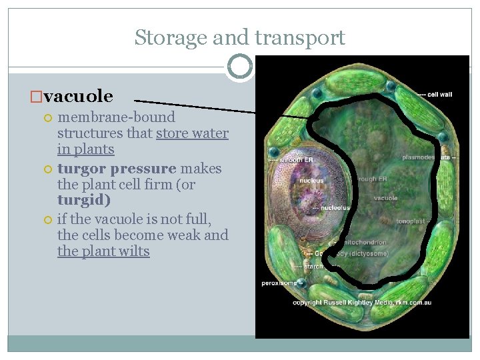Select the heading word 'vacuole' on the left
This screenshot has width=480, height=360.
click(x=78, y=97)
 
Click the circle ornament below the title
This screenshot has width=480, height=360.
click(x=240, y=67)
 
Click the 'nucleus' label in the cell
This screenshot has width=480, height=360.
click(x=311, y=181)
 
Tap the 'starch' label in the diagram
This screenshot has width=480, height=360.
click(x=313, y=266)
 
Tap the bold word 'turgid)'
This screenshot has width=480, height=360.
click(x=84, y=200)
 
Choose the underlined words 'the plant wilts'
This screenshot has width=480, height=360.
click(x=103, y=251)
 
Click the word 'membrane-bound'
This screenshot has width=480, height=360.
click(x=116, y=117)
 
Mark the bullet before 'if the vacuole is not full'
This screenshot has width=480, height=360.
click(x=47, y=219)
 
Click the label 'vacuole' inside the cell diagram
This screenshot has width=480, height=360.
click(x=386, y=198)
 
